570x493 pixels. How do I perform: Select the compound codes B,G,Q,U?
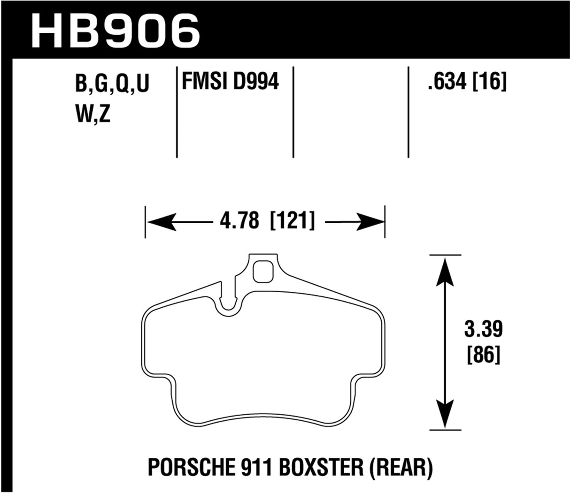[112, 86]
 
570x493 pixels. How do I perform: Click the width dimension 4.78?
[239, 221]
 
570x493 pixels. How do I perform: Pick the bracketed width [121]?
[292, 221]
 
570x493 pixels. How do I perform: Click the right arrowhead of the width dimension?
[371, 221]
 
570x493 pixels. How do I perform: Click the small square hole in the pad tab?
[263, 272]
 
